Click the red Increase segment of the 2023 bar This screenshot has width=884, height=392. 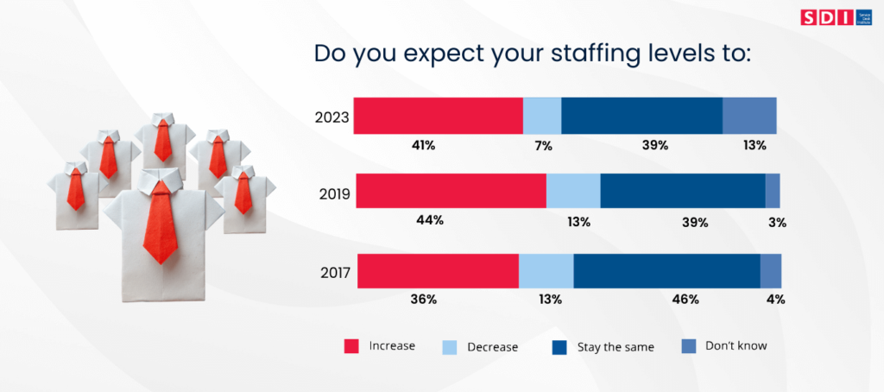tap(439, 116)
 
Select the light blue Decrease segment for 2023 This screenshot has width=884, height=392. tap(542, 116)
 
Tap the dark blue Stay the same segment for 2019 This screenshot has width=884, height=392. tap(682, 191)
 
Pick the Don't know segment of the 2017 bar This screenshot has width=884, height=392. tap(770, 271)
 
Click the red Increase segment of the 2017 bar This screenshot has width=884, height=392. tap(438, 271)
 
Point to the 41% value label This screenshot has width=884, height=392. tap(423, 145)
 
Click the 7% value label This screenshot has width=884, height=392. tap(543, 145)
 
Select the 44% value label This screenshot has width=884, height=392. tap(430, 220)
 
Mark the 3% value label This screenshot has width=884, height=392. tap(778, 222)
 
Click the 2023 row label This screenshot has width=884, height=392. tap(332, 117)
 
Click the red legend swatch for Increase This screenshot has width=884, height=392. tap(351, 346)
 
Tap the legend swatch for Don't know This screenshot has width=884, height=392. tap(689, 346)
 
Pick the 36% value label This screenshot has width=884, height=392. tap(425, 300)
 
